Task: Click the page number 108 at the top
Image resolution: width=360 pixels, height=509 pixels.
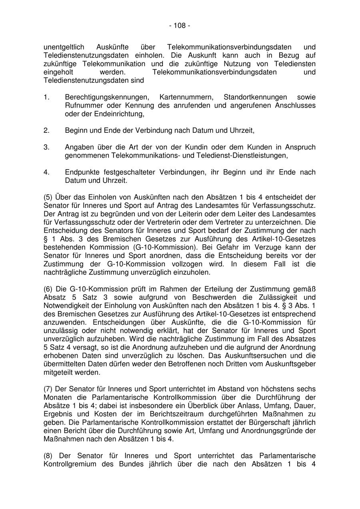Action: pyautogui.click(x=180, y=26)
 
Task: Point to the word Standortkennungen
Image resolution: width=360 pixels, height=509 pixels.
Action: pyautogui.click(x=255, y=97)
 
